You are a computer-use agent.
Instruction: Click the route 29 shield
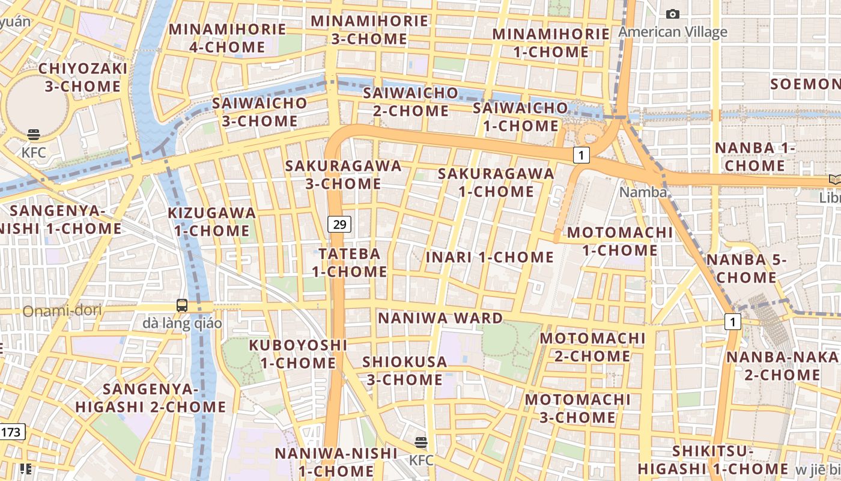point(339,225)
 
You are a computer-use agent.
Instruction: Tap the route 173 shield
point(11,432)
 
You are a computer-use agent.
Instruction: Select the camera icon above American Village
point(673,14)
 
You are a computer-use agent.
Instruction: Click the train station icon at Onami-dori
point(182,305)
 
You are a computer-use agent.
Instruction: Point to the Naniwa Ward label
point(440,318)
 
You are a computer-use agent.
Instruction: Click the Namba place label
point(643,192)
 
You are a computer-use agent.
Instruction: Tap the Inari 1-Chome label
point(490,257)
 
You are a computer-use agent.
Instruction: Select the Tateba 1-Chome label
point(349,263)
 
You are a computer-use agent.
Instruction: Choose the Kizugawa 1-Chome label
point(211,222)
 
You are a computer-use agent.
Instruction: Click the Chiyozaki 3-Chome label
point(83,77)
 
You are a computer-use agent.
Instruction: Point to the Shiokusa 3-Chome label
point(404,371)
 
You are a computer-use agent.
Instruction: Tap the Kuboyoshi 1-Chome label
point(298,354)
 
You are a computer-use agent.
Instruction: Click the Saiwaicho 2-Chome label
point(410,102)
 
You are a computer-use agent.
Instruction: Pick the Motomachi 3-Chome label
point(578,408)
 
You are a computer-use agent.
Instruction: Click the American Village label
point(673,32)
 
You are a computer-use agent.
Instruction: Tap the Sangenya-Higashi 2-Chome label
point(151,398)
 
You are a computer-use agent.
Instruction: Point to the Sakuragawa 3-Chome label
point(343,175)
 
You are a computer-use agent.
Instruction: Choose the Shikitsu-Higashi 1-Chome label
point(712,460)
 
